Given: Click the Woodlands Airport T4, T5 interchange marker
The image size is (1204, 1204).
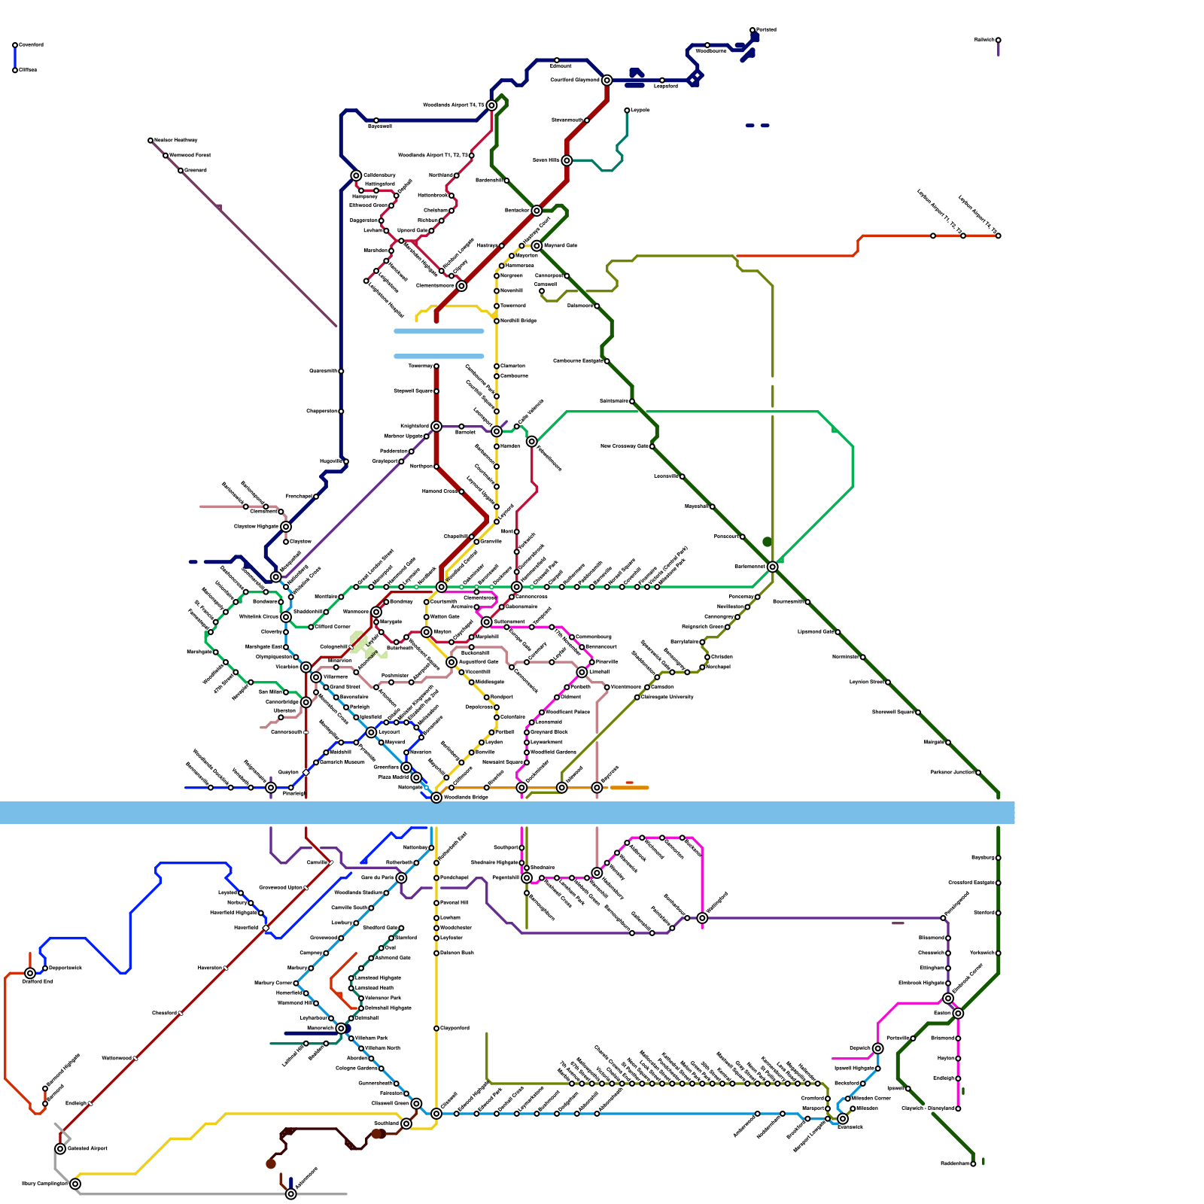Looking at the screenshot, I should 491,105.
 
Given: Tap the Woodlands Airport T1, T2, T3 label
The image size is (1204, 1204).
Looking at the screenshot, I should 433,156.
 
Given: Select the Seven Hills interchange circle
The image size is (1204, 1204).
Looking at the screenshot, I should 567,160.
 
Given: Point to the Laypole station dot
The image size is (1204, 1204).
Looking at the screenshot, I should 627,111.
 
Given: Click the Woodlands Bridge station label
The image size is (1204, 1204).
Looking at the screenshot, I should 467,797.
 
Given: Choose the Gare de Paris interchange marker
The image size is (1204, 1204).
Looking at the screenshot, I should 401,877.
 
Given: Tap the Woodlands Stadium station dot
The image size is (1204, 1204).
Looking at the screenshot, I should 386,893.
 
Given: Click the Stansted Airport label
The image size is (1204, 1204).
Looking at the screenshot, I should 88,1148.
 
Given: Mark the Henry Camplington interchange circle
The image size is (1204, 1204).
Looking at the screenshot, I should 75,1184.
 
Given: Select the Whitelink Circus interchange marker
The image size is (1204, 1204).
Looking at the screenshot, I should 286,617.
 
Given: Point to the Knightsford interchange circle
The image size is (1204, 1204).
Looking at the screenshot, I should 436,427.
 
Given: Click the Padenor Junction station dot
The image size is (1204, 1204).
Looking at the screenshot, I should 977,772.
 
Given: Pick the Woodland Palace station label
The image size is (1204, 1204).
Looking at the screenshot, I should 568,712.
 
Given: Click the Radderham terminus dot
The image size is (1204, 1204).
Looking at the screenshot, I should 973,1164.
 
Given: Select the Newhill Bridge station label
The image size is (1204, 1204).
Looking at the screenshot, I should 518,321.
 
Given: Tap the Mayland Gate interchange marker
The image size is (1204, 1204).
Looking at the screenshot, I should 537,246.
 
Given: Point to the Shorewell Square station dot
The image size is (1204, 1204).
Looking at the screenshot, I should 917,712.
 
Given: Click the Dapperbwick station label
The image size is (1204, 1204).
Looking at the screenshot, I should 65,968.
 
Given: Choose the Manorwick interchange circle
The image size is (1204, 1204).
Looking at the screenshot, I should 341,1028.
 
